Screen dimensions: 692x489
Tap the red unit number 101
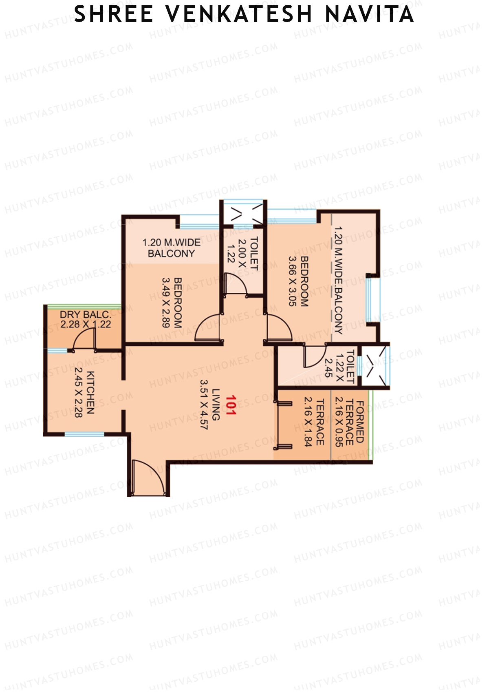pos(231,405)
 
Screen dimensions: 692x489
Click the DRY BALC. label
pos(85,315)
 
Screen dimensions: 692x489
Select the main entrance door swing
pos(149,477)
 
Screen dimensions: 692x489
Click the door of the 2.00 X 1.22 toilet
pos(236,283)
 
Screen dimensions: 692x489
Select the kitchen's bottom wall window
pos(84,434)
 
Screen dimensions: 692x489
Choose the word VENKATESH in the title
pos(239,15)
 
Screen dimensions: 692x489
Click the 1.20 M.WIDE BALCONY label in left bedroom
pos(171,248)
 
